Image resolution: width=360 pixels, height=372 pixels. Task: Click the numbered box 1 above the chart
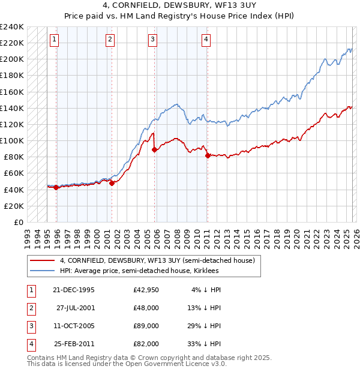54,40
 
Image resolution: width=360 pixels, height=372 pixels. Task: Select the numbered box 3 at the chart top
152,40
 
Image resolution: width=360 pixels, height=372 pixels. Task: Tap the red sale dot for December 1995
56,187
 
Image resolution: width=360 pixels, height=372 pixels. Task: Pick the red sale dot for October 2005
155,150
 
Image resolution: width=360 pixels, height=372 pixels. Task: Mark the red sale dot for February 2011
208,155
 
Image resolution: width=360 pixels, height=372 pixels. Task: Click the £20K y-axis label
14,206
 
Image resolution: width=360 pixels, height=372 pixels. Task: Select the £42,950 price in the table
146,290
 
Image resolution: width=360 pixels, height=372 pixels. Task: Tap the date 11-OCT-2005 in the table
74,326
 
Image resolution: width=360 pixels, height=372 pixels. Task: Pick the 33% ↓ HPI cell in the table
205,344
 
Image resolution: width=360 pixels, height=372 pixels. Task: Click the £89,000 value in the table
146,326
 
